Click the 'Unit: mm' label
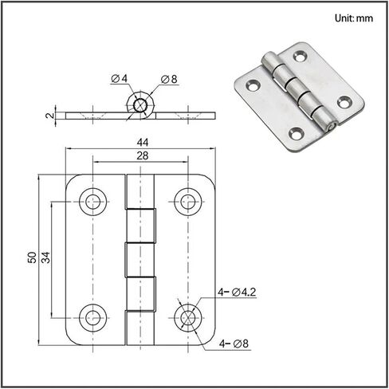point(354,18)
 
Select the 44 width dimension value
point(143,143)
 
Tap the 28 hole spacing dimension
point(143,155)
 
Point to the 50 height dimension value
point(32,257)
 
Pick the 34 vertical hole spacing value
point(45,257)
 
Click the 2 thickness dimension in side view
point(50,116)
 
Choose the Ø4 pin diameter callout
point(120,78)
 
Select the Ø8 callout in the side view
point(169,79)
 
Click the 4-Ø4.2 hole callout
point(237,293)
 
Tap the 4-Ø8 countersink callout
point(234,344)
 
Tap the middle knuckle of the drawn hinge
point(140,260)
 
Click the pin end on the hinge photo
point(332,128)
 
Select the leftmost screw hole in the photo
point(253,85)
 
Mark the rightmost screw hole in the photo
point(344,102)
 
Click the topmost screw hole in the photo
point(300,56)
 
